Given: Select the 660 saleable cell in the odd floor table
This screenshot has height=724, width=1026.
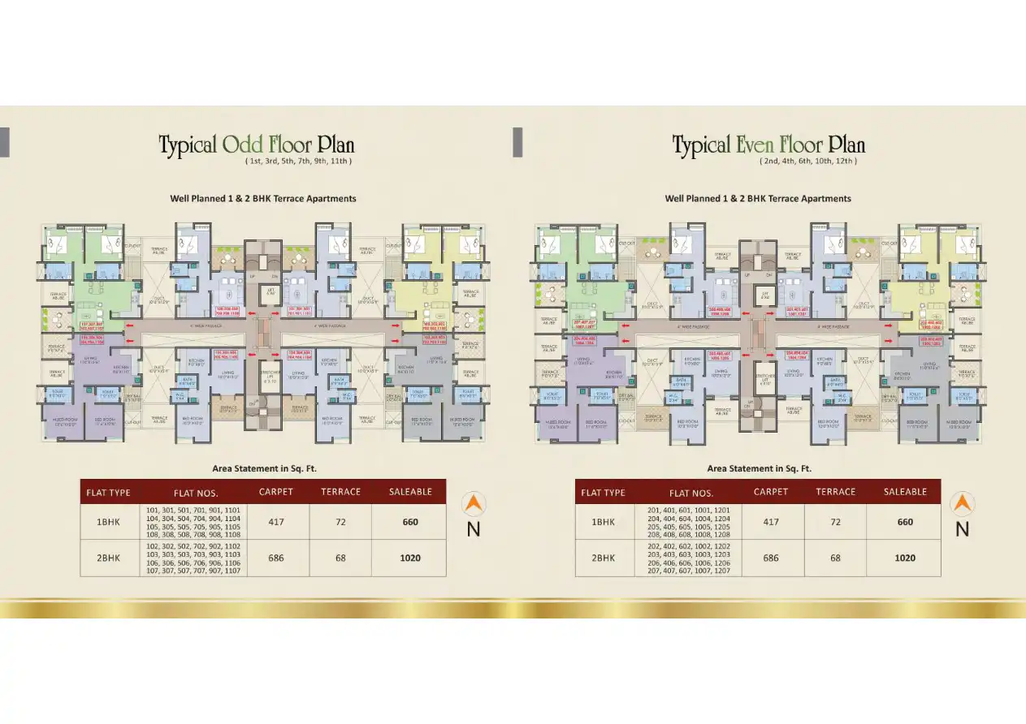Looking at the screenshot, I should [x=410, y=522].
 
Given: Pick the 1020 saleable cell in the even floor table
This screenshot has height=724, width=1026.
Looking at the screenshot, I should [x=905, y=558].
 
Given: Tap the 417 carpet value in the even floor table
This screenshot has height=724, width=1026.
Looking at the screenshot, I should [x=770, y=522].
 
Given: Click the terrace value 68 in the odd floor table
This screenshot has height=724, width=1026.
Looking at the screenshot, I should [x=340, y=558].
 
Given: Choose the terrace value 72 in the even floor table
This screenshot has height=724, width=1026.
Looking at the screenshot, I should [x=835, y=522].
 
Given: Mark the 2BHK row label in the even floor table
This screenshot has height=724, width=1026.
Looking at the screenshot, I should [x=603, y=558].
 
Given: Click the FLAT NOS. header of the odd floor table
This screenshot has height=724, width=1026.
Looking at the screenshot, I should [x=196, y=493].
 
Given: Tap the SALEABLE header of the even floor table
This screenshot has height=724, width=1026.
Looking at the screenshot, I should [x=905, y=492].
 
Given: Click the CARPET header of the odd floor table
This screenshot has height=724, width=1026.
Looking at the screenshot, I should [x=276, y=492].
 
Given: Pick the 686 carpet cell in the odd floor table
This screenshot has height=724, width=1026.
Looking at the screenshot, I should [x=276, y=558].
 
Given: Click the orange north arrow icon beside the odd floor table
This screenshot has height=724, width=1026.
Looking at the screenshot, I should [x=473, y=504].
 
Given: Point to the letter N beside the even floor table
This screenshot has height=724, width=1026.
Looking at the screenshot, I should [x=962, y=529].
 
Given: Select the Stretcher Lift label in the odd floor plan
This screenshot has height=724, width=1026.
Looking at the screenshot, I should [x=265, y=376].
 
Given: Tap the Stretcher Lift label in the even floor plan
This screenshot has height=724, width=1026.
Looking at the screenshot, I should [x=764, y=378].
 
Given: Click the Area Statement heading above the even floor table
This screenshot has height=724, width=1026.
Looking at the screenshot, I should [x=759, y=468].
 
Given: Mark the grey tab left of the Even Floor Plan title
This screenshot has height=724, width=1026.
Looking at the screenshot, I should [x=517, y=142].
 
